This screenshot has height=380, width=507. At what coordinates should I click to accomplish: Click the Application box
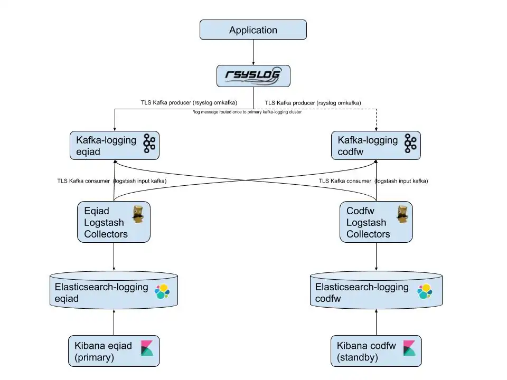(253, 30)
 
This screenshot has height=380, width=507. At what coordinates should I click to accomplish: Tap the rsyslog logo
(253, 76)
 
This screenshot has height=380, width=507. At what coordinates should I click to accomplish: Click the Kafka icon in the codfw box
(410, 144)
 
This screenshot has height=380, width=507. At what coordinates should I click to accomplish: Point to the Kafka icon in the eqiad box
(149, 144)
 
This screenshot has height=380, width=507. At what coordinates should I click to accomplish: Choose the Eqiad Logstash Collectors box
(114, 222)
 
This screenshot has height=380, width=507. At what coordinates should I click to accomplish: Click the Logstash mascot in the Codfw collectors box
(404, 215)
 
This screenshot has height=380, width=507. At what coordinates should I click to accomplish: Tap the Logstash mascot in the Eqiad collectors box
(138, 215)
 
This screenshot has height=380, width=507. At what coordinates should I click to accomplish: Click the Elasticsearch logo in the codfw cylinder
(424, 291)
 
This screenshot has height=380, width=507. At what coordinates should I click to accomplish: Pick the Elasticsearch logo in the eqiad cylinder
(162, 291)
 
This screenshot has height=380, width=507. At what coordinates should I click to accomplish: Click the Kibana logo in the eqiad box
(147, 349)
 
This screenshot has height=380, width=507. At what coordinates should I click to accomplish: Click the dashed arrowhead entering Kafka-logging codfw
(376, 128)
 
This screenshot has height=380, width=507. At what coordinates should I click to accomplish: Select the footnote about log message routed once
(247, 112)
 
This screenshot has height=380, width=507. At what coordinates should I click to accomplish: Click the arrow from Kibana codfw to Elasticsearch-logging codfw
(376, 322)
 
